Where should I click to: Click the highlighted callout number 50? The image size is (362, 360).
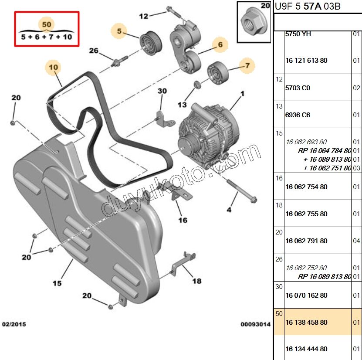pyautogui.click(x=46, y=24)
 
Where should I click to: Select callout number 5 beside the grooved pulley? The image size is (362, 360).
pyautogui.click(x=118, y=31)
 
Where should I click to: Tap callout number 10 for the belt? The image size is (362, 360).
pyautogui.click(x=54, y=67)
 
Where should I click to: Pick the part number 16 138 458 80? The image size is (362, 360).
pyautogui.click(x=306, y=323)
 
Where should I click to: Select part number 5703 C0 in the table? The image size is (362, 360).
pyautogui.click(x=298, y=88)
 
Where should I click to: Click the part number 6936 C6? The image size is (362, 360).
pyautogui.click(x=298, y=115)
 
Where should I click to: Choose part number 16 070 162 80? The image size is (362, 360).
pyautogui.click(x=306, y=295)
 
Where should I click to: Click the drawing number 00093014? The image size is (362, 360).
pyautogui.click(x=256, y=325)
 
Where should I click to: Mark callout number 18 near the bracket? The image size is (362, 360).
pyautogui.click(x=197, y=281)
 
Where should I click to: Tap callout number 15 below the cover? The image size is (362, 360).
pyautogui.click(x=57, y=283)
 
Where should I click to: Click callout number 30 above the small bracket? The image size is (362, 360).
pyautogui.click(x=162, y=91)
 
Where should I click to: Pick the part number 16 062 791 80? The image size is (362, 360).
pyautogui.click(x=306, y=241)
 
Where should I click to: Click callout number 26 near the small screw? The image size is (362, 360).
pyautogui.click(x=94, y=51)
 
